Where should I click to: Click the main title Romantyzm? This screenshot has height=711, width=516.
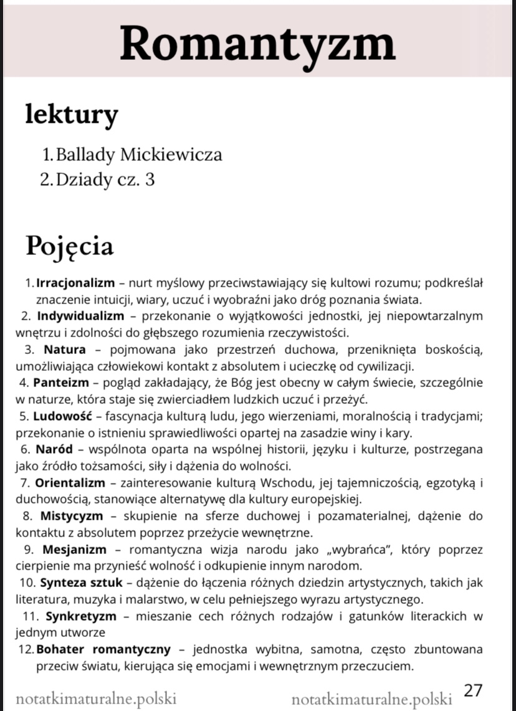(x=257, y=42)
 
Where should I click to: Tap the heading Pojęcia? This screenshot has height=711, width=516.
(x=69, y=246)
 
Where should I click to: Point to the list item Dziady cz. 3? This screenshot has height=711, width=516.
(x=105, y=179)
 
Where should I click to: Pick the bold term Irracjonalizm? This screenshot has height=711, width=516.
(x=72, y=284)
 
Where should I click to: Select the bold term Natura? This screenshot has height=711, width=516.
(x=65, y=348)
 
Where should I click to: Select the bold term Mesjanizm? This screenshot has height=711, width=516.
(x=74, y=550)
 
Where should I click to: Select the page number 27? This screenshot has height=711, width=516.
(x=474, y=690)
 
